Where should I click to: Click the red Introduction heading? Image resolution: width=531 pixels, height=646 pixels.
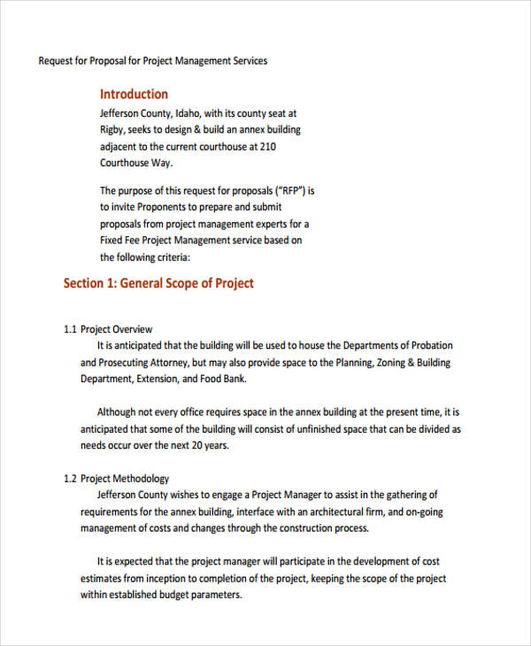(134, 94)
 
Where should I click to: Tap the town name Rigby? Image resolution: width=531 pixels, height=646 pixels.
(112, 130)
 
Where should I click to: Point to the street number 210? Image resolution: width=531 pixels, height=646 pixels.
(268, 147)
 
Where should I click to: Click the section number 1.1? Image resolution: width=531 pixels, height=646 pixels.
(71, 329)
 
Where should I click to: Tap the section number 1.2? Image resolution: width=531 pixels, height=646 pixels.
(71, 479)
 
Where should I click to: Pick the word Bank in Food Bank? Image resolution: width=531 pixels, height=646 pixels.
(235, 380)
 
